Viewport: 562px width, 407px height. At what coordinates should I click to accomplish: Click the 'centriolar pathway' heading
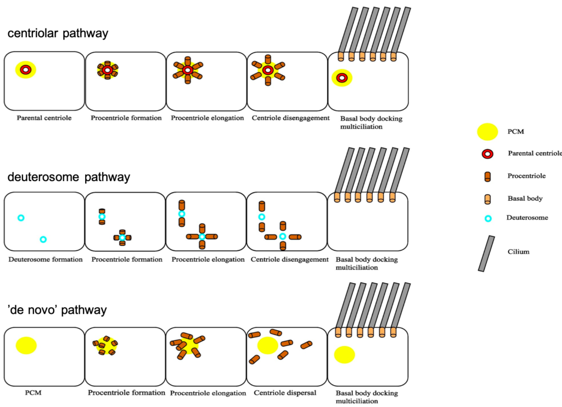point(58,33)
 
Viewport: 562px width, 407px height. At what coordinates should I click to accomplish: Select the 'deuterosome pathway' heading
point(69,177)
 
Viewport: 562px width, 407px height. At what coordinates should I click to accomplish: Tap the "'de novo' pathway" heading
point(57,310)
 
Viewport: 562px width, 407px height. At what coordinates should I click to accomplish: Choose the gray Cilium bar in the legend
point(486,253)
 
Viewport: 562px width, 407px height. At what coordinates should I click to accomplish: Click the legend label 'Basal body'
point(525,199)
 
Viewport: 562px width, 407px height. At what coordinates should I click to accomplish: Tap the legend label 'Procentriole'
point(527,176)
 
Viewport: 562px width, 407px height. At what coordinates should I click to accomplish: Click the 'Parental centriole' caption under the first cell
point(44,118)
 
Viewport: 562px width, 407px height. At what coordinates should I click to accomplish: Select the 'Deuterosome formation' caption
point(46,259)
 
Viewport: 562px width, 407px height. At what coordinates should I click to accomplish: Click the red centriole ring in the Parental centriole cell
point(25,70)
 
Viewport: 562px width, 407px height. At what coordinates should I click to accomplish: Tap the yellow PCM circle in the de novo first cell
point(26,346)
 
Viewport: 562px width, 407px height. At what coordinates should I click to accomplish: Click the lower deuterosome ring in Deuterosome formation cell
point(43,239)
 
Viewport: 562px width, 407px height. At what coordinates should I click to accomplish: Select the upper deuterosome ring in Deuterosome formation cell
point(21,218)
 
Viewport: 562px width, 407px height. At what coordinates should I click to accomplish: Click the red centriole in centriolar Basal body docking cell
point(341,78)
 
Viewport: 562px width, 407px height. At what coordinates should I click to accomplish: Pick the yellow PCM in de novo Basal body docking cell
point(344,355)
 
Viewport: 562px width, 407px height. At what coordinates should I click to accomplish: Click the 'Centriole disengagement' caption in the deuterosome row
point(290,259)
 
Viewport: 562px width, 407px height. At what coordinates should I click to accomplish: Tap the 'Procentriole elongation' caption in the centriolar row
point(207,118)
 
